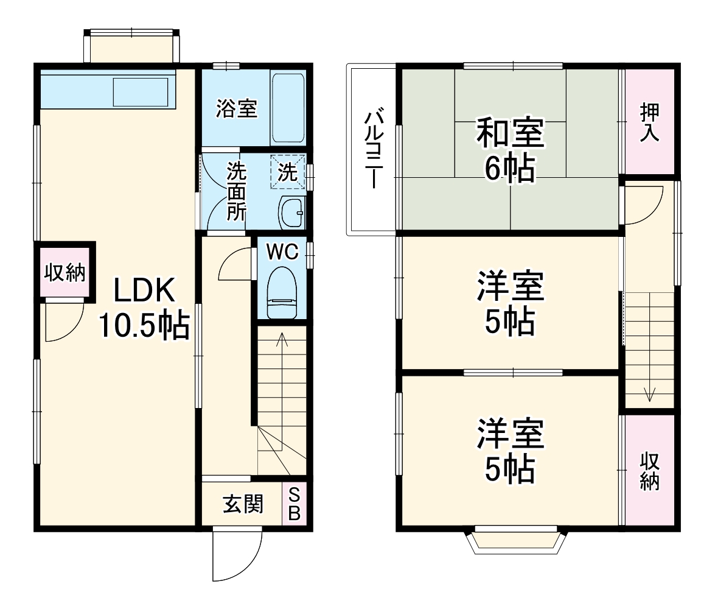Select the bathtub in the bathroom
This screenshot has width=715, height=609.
click(287, 108)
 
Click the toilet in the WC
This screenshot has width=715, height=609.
click(282, 292)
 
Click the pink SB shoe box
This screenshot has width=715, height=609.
click(294, 504)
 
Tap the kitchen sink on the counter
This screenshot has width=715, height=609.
click(140, 91)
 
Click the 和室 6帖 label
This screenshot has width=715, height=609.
click(510, 150)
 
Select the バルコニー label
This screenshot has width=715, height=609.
click(372, 150)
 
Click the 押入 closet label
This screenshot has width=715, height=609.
click(649, 122)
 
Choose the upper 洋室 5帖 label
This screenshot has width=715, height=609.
click(510, 303)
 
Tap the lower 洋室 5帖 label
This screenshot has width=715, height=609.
click(510, 450)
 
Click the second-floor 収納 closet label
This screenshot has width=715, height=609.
click(649, 471)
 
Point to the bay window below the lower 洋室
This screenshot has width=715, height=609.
click(516, 539)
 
